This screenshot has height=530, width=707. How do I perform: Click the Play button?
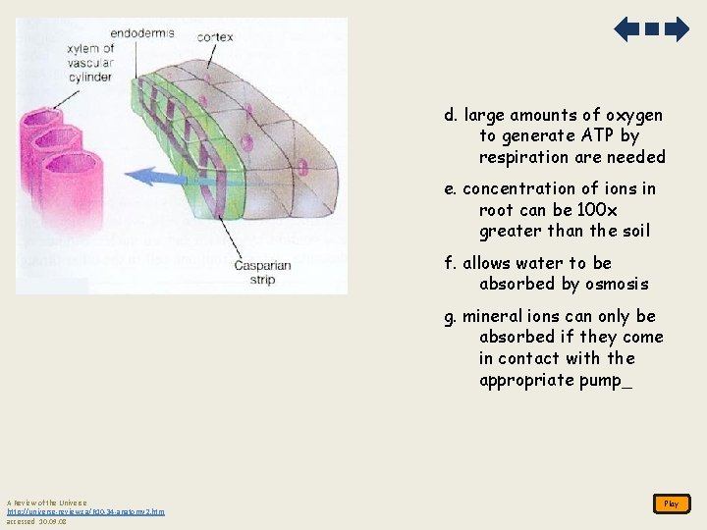click(x=671, y=503)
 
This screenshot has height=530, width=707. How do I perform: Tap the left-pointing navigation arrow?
click(x=626, y=29)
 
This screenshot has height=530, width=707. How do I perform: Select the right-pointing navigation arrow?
click(x=677, y=29)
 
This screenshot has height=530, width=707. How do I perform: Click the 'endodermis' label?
click(x=142, y=32)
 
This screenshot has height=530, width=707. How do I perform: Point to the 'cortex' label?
click(x=215, y=37)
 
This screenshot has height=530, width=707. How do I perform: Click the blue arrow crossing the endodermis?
click(x=167, y=178)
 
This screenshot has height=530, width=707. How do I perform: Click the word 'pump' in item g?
click(x=600, y=380)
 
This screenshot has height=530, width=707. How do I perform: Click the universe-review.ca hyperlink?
click(x=85, y=511)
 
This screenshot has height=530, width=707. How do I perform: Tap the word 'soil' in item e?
click(x=633, y=232)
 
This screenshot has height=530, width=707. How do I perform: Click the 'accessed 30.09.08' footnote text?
click(x=36, y=521)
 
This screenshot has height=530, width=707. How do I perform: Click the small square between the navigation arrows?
click(x=652, y=29)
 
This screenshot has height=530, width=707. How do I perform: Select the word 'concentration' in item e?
click(x=519, y=188)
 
